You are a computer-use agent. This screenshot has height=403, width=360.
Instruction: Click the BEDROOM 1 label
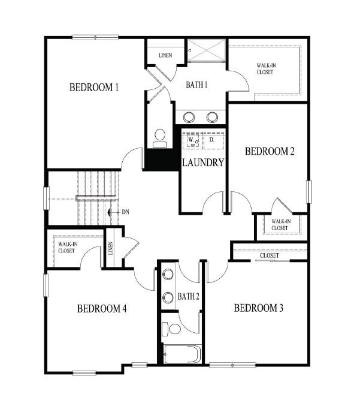94,88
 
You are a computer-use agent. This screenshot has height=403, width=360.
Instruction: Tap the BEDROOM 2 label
270,152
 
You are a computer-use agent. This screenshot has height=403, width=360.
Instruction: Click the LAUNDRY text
203,163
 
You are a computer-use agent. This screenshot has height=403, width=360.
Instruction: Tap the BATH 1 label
196,85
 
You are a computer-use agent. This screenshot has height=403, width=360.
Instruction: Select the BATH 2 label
188,296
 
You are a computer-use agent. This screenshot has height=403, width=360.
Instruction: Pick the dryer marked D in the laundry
213,140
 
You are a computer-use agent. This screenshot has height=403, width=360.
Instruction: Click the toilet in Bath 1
160,138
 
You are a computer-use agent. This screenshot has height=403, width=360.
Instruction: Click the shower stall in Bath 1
205,51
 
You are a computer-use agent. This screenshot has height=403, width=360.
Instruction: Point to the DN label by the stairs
125,212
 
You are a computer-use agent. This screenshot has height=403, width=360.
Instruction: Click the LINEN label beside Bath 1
165,56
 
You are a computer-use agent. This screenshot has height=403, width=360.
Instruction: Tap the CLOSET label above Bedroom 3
270,256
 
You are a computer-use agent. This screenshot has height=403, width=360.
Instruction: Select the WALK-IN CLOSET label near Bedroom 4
66,247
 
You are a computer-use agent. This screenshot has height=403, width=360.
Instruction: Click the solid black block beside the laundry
162,160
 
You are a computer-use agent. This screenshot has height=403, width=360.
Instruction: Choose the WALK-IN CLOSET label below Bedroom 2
280,224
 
